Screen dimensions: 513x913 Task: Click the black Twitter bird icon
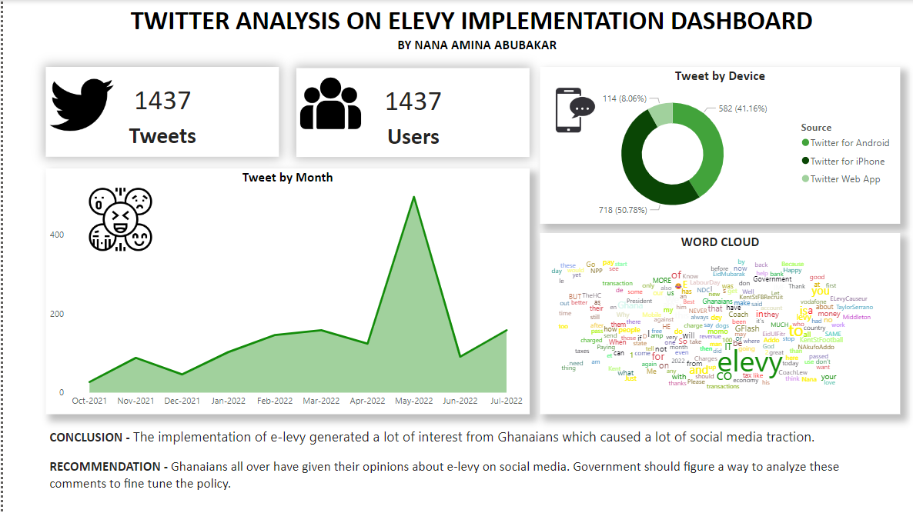pyautogui.click(x=82, y=104)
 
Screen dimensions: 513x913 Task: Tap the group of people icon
pyautogui.click(x=330, y=104)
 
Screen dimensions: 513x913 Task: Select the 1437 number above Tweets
pyautogui.click(x=162, y=101)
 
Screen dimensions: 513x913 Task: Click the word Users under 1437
pyautogui.click(x=413, y=137)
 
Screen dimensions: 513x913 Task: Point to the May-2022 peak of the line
pyautogui.click(x=414, y=198)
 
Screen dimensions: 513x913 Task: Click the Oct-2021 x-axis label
pyautogui.click(x=90, y=401)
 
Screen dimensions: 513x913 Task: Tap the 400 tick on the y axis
pyautogui.click(x=57, y=235)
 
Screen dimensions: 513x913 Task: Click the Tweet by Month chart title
pyautogui.click(x=287, y=178)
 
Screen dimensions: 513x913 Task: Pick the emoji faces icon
pyautogui.click(x=119, y=219)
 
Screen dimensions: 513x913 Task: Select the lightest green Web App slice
pyautogui.click(x=661, y=115)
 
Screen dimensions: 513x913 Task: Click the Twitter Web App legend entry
pyautogui.click(x=844, y=179)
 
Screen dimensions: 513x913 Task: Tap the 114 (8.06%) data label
pyautogui.click(x=624, y=98)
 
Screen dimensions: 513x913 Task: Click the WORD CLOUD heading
pyautogui.click(x=720, y=242)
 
